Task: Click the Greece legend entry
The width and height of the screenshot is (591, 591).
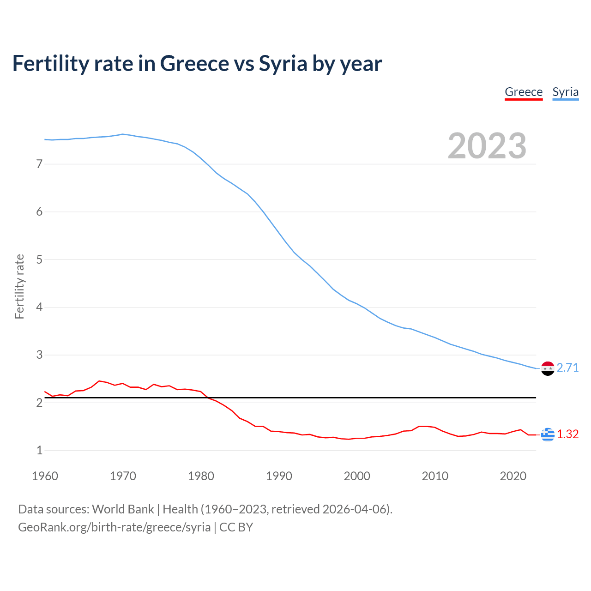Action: point(524,92)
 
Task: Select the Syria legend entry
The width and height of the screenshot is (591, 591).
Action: point(565,92)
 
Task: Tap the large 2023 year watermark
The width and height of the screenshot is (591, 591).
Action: point(487,146)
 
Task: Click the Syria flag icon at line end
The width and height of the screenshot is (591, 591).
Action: point(548,368)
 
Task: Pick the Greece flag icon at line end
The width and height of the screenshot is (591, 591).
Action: point(548,434)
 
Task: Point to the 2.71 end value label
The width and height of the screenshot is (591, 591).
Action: point(567,368)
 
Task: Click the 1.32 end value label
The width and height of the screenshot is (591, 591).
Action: point(567,434)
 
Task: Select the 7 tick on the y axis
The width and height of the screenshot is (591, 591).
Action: point(39,164)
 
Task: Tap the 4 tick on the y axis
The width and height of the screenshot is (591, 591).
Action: point(39,307)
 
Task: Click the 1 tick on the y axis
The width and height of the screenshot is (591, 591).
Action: point(39,450)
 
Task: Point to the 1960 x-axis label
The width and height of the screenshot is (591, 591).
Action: point(45,476)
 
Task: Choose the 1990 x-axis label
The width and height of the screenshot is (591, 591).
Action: point(279,476)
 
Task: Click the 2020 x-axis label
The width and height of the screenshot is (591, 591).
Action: point(513,476)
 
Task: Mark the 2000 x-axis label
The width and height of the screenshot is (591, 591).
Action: point(357,476)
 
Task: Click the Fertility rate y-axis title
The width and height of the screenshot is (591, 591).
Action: point(19,286)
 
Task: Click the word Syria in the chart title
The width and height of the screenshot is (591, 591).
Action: point(283,64)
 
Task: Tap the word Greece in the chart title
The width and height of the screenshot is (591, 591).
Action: point(194,64)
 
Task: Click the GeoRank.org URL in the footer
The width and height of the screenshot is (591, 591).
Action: point(114,527)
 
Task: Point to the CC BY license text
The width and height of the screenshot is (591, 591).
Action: point(236,527)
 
